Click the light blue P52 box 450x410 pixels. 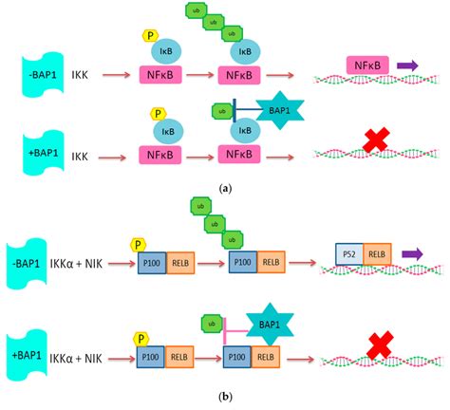point(349,253)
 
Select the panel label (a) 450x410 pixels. point(225,189)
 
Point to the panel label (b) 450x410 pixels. point(225,398)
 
